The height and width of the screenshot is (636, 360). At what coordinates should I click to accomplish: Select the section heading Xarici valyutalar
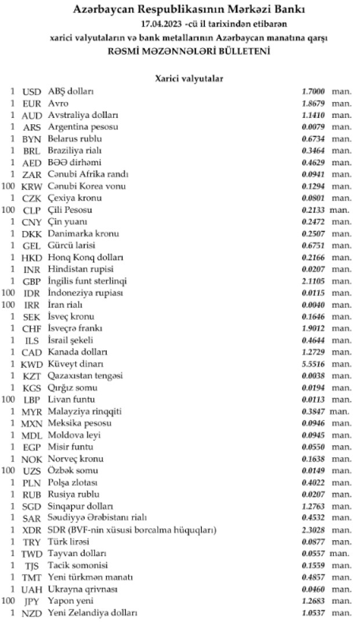tap(189, 77)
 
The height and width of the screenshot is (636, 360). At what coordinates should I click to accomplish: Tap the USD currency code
tap(31, 92)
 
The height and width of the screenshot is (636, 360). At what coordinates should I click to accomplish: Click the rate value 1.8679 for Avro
tap(313, 103)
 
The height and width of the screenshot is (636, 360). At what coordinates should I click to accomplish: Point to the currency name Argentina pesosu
tap(84, 127)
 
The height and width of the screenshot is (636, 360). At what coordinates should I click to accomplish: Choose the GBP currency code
tap(31, 281)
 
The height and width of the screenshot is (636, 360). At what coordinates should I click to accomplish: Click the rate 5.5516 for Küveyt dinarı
tap(313, 364)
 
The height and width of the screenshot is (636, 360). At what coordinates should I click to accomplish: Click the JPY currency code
tap(31, 601)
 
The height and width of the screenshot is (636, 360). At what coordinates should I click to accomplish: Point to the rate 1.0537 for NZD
tap(313, 612)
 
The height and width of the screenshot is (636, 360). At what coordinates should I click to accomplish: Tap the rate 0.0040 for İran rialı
tap(313, 305)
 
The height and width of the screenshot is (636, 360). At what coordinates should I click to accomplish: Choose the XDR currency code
tap(31, 530)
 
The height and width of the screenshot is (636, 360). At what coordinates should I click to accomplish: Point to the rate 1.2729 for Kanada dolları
tap(313, 352)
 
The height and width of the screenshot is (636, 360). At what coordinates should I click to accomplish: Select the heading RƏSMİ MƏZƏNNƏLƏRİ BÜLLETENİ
tap(189, 51)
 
